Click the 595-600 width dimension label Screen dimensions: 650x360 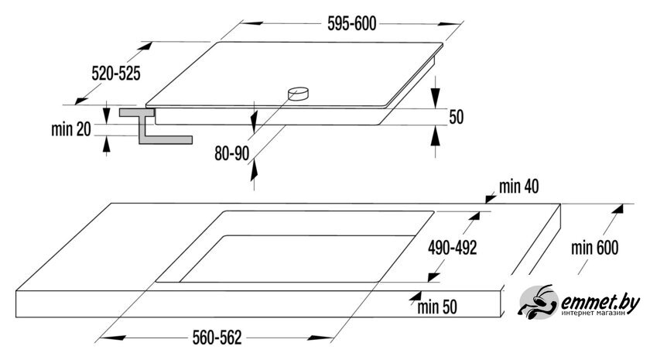click(351, 24)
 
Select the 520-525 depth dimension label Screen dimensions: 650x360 click(116, 74)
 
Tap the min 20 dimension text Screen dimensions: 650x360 click(71, 129)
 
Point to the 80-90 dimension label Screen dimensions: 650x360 click(231, 153)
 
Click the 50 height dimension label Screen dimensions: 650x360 click(456, 117)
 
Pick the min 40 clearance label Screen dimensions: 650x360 click(518, 187)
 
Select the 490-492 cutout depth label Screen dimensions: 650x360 click(452, 248)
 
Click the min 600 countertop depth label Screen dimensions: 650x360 click(594, 248)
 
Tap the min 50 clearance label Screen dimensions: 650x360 click(437, 307)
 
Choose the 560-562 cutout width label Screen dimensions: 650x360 click(217, 338)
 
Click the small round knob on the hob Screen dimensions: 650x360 click(299, 94)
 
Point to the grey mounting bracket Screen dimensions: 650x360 click(156, 126)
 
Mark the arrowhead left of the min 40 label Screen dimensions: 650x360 click(491, 199)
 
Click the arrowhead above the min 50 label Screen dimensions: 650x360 click(415, 296)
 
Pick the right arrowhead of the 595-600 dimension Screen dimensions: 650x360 click(449, 25)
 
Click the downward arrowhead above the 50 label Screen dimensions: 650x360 click(435, 99)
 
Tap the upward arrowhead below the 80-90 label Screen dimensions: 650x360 click(253, 170)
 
